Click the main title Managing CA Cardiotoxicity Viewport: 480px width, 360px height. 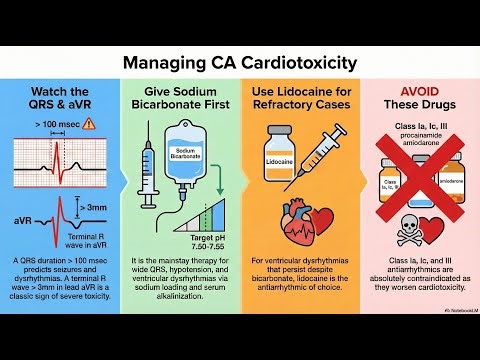239,63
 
